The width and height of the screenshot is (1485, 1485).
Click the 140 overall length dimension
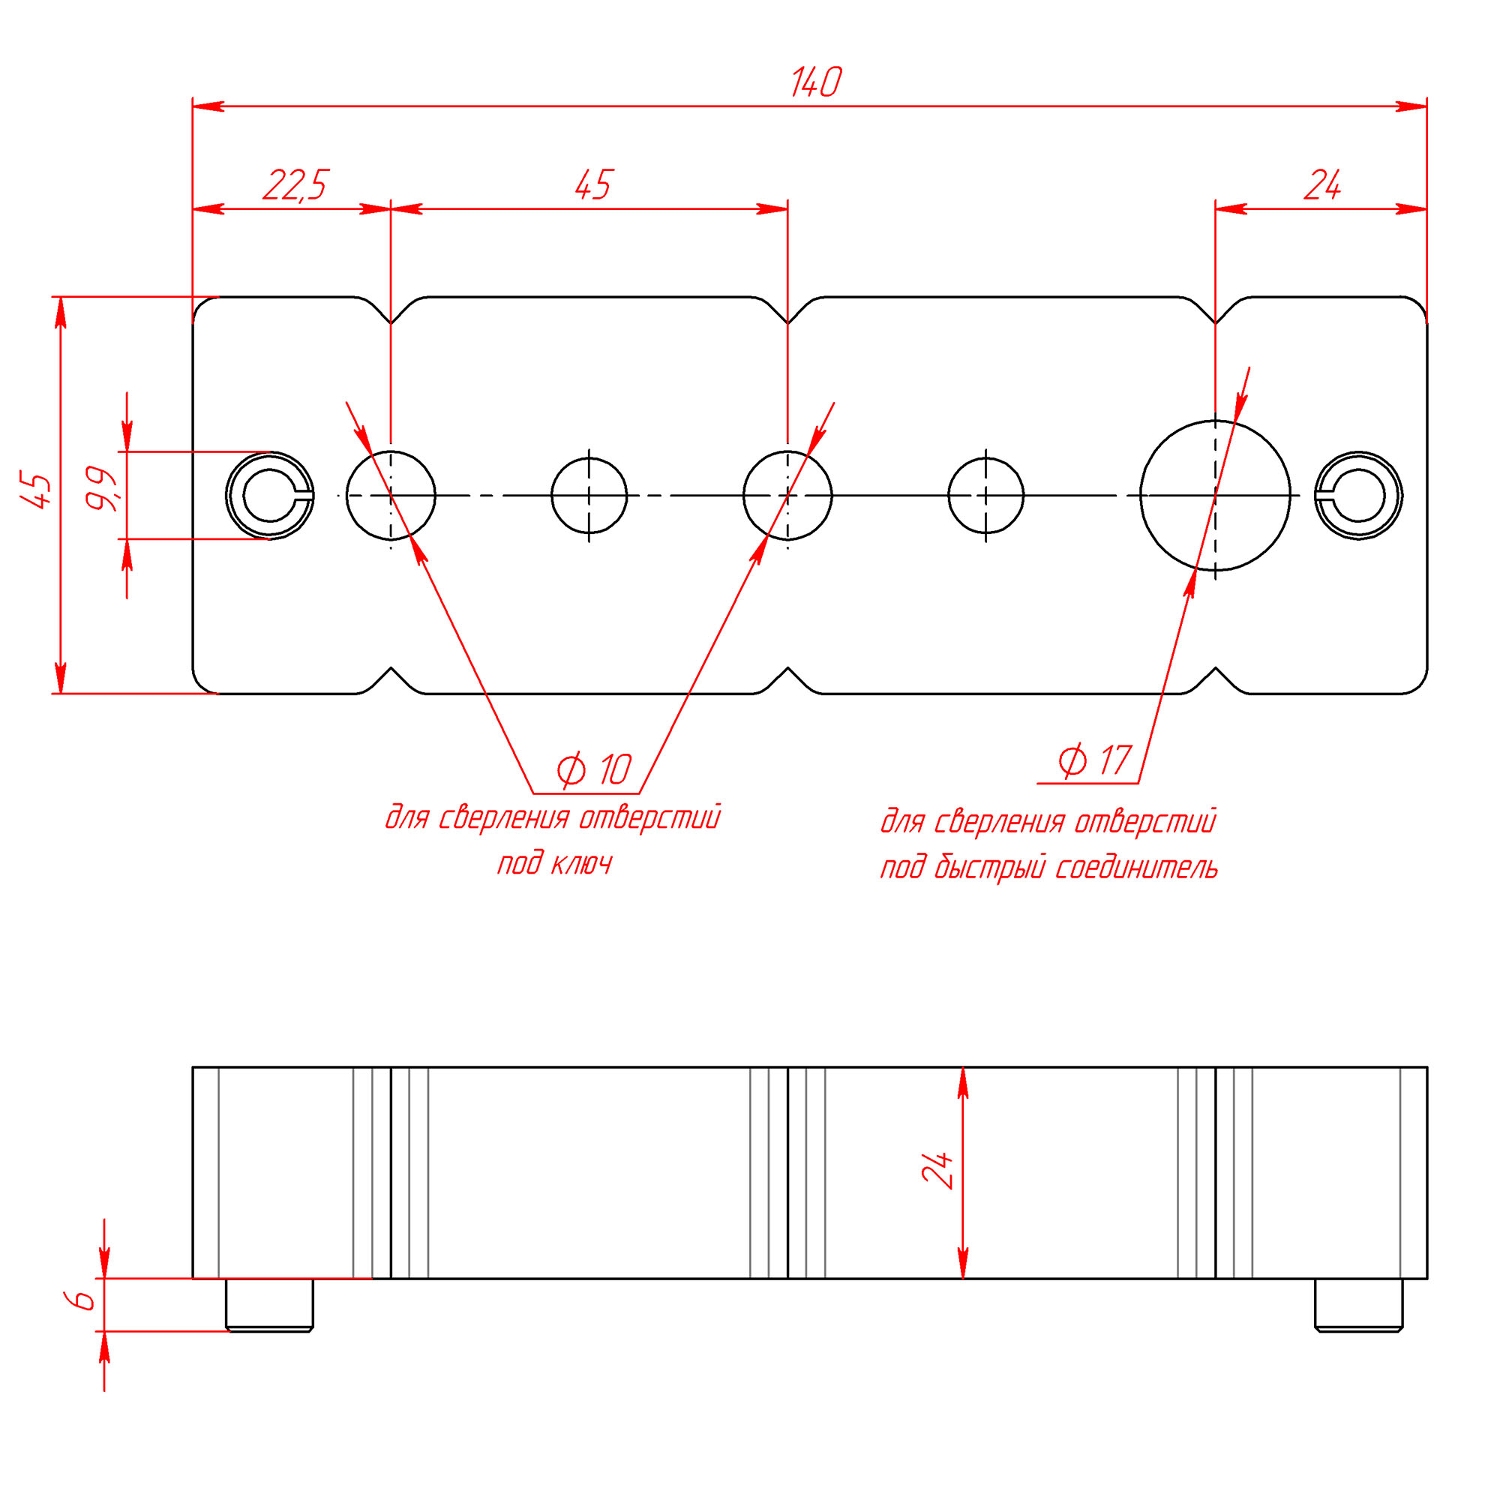tap(816, 82)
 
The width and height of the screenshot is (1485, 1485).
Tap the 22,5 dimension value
tap(296, 185)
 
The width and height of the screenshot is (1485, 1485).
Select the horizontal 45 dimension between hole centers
tap(592, 185)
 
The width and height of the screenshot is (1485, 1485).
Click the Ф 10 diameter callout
tap(592, 769)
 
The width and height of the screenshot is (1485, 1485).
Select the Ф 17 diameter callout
tap(1093, 761)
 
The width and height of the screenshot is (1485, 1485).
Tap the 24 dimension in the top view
tap(1322, 185)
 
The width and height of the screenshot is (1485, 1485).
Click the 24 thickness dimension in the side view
tap(937, 1170)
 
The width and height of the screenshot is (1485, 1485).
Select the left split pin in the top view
tap(270, 496)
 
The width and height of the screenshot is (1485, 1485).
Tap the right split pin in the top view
tap(1358, 496)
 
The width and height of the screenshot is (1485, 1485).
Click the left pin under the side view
tap(269, 1305)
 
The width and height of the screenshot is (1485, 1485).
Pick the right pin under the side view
tap(1358, 1305)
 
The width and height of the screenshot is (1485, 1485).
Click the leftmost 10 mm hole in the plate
tap(391, 496)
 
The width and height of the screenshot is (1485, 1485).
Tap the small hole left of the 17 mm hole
tap(986, 496)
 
